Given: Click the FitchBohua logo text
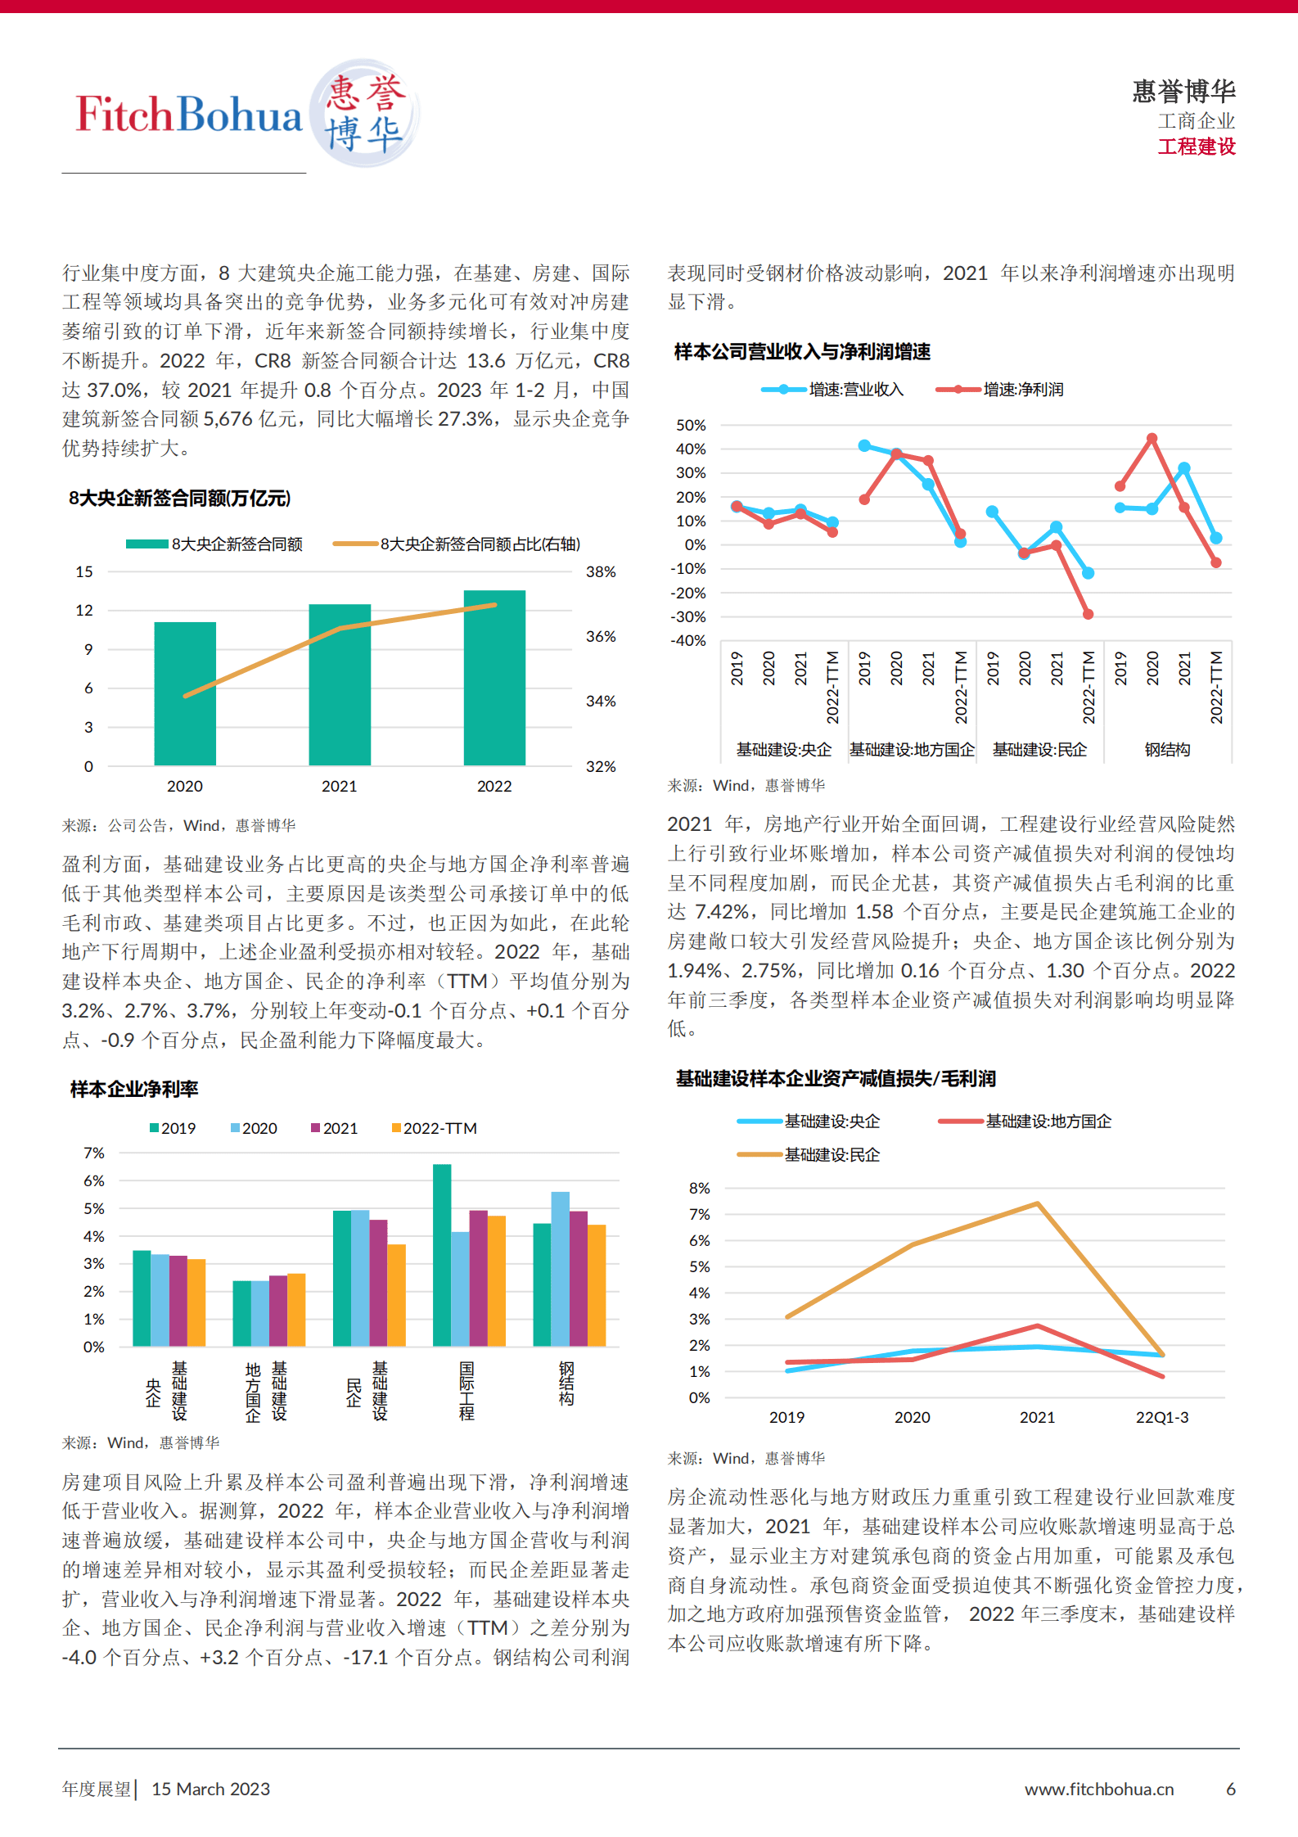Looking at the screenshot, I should point(189,115).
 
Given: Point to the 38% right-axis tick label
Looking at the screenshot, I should point(601,572).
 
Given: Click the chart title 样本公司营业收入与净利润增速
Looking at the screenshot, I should point(802,352).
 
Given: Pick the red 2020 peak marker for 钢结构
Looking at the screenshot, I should point(1152,439).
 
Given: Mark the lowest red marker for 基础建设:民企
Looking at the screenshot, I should point(1088,614).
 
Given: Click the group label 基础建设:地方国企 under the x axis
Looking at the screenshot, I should point(912,750).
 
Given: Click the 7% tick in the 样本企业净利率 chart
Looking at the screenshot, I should point(94,1153).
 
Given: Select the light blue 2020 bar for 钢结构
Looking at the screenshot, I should point(560,1268).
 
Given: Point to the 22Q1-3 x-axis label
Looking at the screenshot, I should point(1161,1417).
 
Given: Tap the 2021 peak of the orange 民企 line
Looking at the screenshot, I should point(1037,1203).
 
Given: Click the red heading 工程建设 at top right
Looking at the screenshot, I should point(1196,147).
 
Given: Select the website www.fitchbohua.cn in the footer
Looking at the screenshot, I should point(1098,1789).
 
